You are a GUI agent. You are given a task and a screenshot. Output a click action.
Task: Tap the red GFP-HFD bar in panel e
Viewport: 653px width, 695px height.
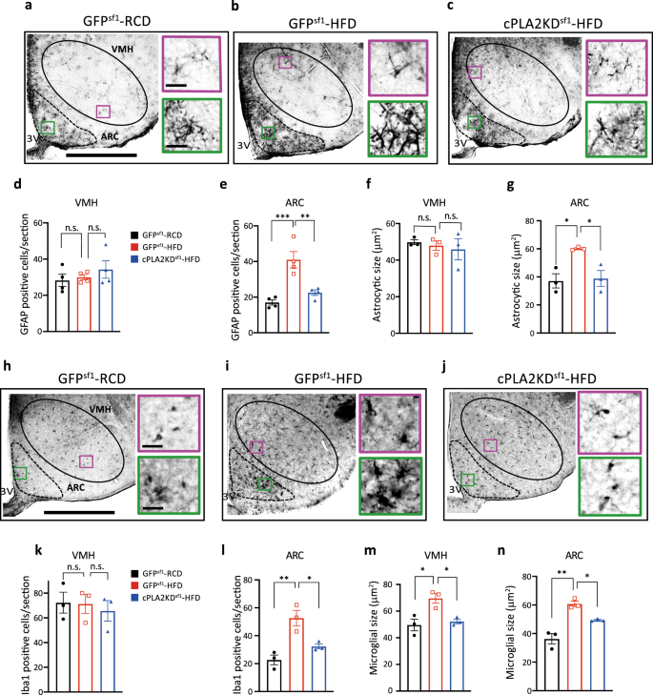[x=269, y=283]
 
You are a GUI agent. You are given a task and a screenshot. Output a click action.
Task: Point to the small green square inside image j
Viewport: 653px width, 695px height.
[x=468, y=480]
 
